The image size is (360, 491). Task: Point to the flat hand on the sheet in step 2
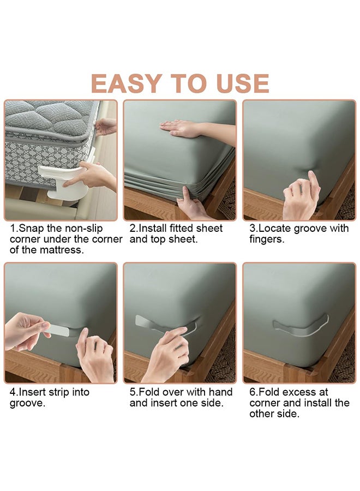coord(181,129)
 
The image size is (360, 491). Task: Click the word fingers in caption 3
coord(266,240)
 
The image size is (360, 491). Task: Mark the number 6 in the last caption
coord(253,392)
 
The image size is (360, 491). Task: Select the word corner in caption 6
coord(266,403)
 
